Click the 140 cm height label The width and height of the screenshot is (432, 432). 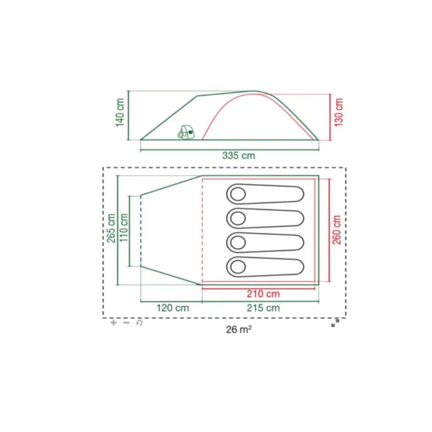pyautogui.click(x=120, y=113)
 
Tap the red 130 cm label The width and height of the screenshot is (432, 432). pyautogui.click(x=338, y=113)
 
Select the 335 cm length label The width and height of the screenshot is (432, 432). pyautogui.click(x=238, y=156)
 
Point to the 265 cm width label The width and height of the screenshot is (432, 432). pyautogui.click(x=111, y=228)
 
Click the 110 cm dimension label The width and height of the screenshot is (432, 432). pyautogui.click(x=124, y=228)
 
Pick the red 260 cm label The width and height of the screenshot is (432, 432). pyautogui.click(x=337, y=230)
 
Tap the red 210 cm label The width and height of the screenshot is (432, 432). pyautogui.click(x=263, y=294)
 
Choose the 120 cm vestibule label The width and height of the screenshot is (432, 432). pyautogui.click(x=173, y=308)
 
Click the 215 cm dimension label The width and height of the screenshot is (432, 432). pyautogui.click(x=263, y=308)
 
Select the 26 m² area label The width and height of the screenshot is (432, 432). pyautogui.click(x=238, y=329)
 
